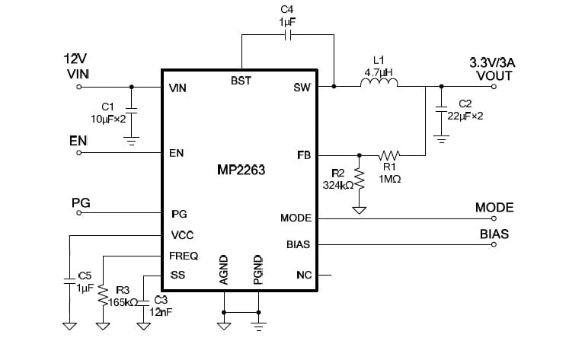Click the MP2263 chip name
241,171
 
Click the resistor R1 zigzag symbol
389,155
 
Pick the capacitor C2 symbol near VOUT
440,110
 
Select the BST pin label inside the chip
241,80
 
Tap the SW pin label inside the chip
302,88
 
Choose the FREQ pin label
184,256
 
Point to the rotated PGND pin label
258,270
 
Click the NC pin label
304,274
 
